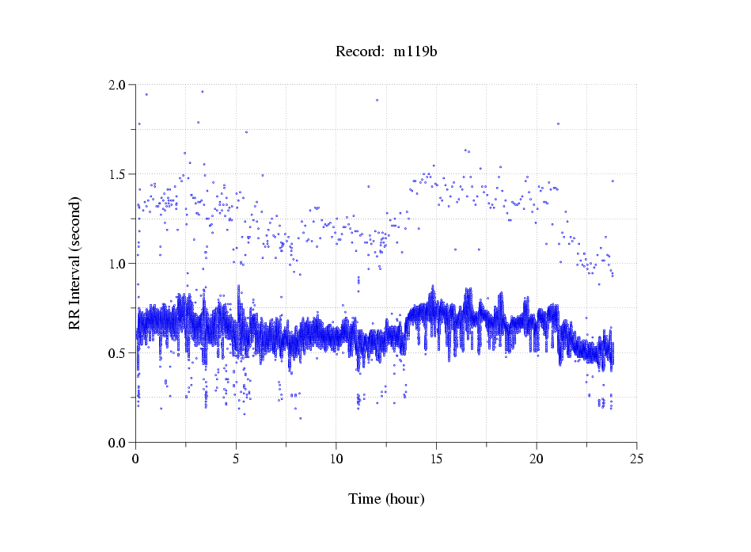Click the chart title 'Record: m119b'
tap(386, 52)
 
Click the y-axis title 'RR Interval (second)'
tap(74, 264)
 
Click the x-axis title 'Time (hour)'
tap(386, 499)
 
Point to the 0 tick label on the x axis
tap(136, 458)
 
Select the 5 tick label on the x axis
tap(236, 458)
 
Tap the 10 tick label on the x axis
tap(336, 458)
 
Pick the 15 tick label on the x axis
tap(436, 458)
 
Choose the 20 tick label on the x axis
tap(537, 458)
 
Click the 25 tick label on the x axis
tap(636, 458)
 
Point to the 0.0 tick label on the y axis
tap(116, 443)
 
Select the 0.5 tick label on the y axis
tap(116, 353)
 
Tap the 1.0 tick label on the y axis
tap(116, 264)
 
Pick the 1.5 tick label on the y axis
tap(116, 174)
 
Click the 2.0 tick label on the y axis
tap(116, 85)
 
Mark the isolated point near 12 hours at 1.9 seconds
tap(377, 100)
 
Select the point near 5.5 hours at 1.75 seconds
tap(246, 132)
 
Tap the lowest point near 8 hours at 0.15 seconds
tap(300, 418)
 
